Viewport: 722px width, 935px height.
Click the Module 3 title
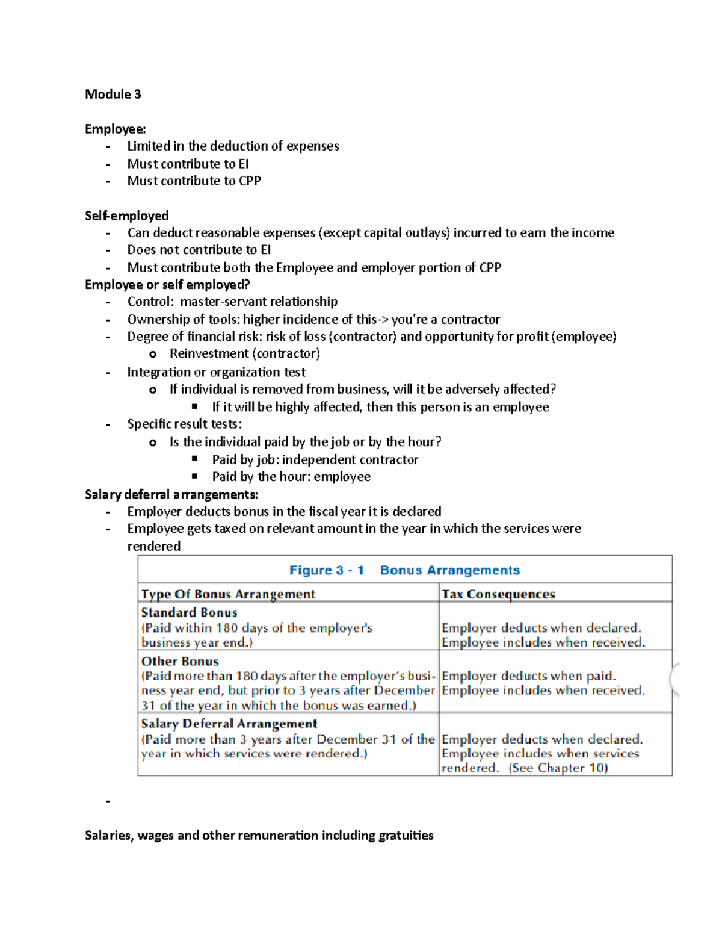point(113,94)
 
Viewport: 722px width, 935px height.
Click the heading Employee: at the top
point(115,129)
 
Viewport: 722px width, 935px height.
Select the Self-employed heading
point(126,216)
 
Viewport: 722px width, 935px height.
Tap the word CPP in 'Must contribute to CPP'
point(250,181)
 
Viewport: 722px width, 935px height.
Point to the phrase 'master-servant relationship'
point(259,302)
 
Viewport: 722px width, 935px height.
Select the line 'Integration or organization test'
point(216,372)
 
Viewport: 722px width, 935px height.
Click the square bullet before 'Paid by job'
point(195,459)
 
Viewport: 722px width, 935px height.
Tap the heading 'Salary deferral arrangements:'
point(171,494)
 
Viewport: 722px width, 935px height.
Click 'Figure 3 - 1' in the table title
point(326,570)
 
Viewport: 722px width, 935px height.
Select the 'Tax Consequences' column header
point(498,594)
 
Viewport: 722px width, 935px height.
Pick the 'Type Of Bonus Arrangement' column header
point(228,594)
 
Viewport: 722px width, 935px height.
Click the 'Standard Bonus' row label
point(189,612)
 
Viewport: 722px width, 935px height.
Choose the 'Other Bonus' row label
point(180,661)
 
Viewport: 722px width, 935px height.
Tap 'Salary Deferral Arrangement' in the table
point(229,724)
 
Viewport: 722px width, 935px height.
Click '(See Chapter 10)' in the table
point(558,768)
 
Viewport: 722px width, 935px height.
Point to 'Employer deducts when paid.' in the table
point(528,676)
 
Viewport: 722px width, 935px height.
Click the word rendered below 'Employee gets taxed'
point(154,546)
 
